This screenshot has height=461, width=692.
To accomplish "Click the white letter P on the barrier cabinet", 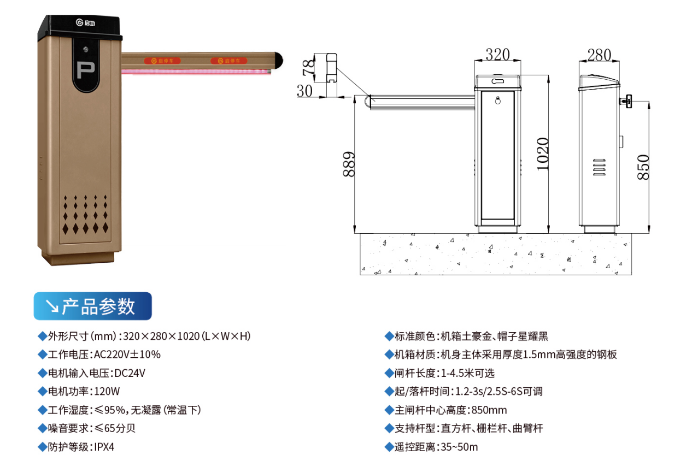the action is coord(85,70).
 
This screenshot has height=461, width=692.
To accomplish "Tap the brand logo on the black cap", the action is coord(85,22).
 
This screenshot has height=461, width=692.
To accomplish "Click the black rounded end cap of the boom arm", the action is coord(279,61).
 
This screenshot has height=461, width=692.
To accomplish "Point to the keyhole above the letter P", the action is coord(86,49).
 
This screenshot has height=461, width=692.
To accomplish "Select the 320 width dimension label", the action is coord(497,55).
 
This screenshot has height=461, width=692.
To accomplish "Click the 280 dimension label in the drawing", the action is coord(599,55).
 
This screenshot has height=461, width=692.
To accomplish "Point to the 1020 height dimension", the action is coord(543,154).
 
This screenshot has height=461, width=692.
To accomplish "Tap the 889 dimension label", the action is coord(349,164).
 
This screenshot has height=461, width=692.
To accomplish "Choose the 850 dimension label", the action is coord(643,167).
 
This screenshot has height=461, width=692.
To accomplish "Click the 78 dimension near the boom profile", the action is coord(308,68).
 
